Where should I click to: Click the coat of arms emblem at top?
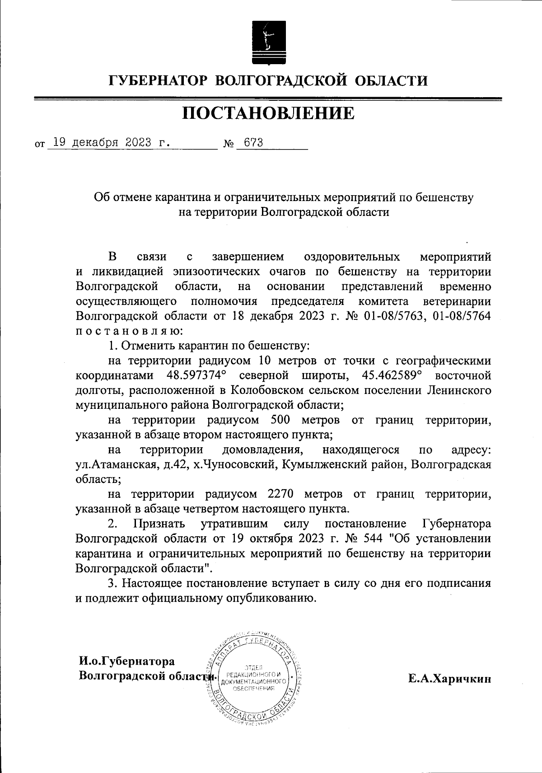(268, 43)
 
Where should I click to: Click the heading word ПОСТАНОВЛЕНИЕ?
(268, 113)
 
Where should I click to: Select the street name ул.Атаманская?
(117, 465)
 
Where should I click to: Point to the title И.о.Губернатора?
(126, 662)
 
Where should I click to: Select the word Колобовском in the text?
(268, 390)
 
